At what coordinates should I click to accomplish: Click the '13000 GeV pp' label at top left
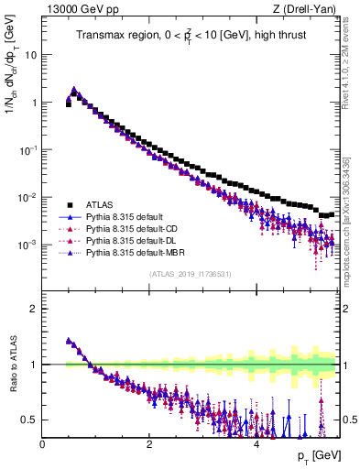75,10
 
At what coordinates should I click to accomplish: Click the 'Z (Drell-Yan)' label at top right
310,10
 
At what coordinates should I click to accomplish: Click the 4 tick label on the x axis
256,443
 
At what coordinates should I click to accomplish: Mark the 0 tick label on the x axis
42,443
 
